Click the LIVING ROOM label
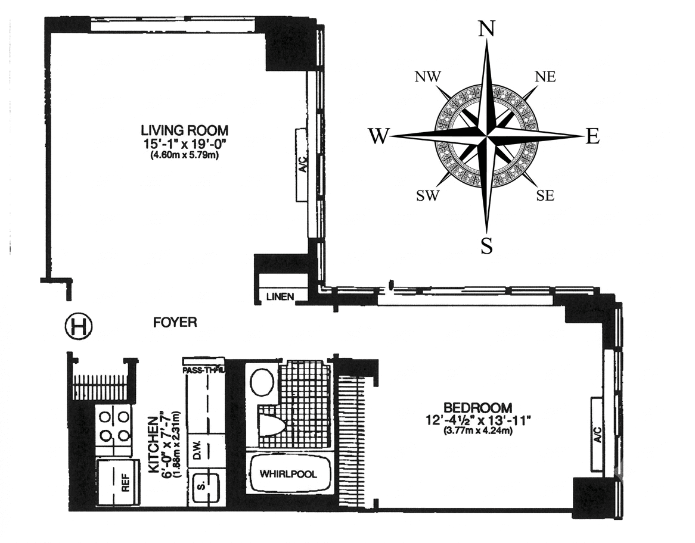point(184,130)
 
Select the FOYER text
point(175,322)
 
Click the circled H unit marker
point(79,326)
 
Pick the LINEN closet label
point(280,297)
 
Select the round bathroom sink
point(262,382)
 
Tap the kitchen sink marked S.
point(205,487)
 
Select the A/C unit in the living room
point(302,166)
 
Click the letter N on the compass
point(486,30)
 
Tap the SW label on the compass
point(427,195)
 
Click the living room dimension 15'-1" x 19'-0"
point(184,145)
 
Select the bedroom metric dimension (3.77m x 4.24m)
point(478,430)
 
